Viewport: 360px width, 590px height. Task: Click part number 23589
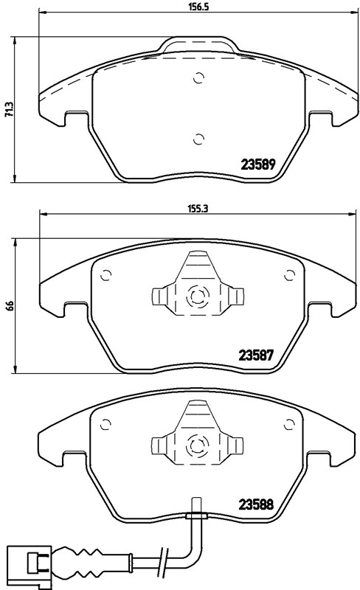pyautogui.click(x=258, y=164)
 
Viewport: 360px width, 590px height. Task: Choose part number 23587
pyautogui.click(x=256, y=355)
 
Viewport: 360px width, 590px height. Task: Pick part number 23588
pyautogui.click(x=256, y=504)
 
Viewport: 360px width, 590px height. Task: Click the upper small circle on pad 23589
pyautogui.click(x=198, y=78)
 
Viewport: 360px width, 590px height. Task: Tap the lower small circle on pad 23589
pyautogui.click(x=198, y=139)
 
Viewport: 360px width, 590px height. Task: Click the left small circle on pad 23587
pyautogui.click(x=105, y=275)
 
